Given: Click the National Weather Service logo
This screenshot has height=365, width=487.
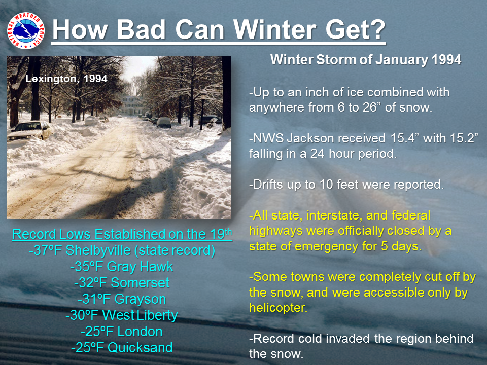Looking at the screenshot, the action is click(x=26, y=31).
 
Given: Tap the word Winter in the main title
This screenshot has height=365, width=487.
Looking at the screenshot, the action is click(x=275, y=29).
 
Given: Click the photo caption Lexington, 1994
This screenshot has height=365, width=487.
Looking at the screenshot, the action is click(x=66, y=79).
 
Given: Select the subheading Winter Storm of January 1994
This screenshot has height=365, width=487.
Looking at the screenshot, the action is click(x=366, y=60).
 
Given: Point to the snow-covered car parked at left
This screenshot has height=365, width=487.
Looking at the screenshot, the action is click(x=30, y=130).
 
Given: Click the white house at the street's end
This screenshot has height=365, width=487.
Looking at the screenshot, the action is click(x=132, y=105).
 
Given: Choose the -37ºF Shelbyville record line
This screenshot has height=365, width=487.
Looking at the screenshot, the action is click(x=122, y=250).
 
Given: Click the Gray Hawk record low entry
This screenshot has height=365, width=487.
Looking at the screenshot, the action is click(x=122, y=267).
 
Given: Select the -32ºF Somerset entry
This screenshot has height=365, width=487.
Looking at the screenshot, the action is click(x=122, y=283).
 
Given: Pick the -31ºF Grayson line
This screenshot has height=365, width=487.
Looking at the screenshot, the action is click(x=122, y=299).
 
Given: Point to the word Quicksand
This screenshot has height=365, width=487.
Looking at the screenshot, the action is click(x=140, y=348).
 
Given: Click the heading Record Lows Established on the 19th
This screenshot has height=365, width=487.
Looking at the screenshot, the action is click(x=122, y=234).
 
